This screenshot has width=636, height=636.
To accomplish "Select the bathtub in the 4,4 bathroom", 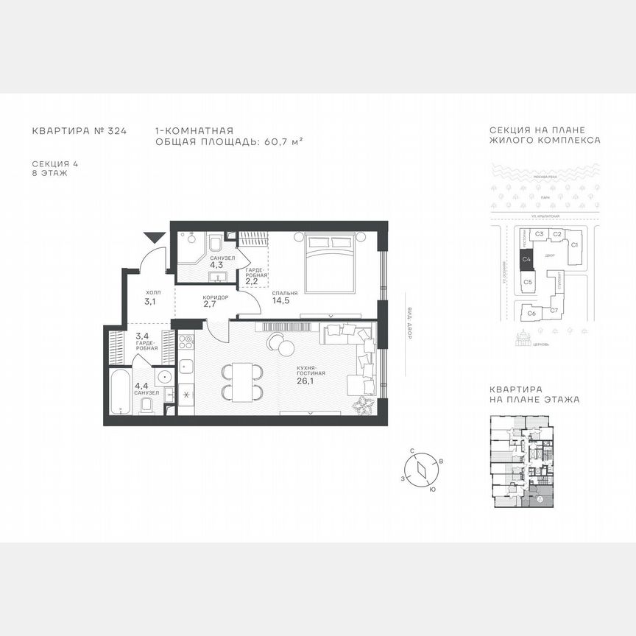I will [x=118, y=390].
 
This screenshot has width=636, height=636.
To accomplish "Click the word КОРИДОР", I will [x=216, y=297].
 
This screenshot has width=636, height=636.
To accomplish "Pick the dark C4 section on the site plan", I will [x=526, y=259].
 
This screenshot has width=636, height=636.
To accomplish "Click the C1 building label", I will [x=576, y=244].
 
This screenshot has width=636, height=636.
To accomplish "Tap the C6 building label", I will [x=531, y=313].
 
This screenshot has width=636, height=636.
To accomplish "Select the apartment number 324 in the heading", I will [x=117, y=131].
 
